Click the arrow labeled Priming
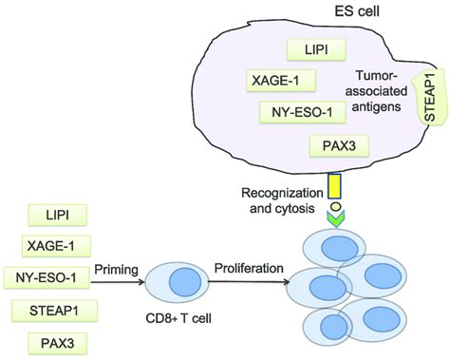116,281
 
